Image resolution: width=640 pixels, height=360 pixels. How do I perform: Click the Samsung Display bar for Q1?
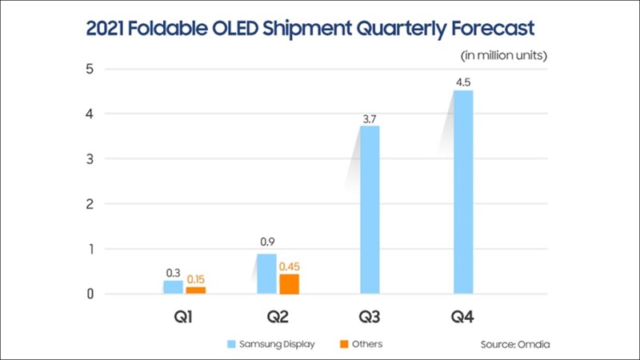pyautogui.click(x=174, y=287)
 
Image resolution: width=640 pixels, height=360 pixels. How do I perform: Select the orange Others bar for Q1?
pyautogui.click(x=195, y=290)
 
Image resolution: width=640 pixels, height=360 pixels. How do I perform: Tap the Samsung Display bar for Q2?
pyautogui.click(x=266, y=274)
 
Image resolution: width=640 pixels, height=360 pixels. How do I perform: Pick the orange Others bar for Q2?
pyautogui.click(x=289, y=284)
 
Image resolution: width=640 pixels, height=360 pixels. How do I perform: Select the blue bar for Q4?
pyautogui.click(x=462, y=192)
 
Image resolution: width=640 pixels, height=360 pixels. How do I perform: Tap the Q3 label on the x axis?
pyautogui.click(x=369, y=318)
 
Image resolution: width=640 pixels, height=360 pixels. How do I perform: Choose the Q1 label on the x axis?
pyautogui.click(x=183, y=318)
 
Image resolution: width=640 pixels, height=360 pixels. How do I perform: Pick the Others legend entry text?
pyautogui.click(x=366, y=344)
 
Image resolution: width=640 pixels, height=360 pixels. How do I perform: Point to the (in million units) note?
pyautogui.click(x=503, y=55)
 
